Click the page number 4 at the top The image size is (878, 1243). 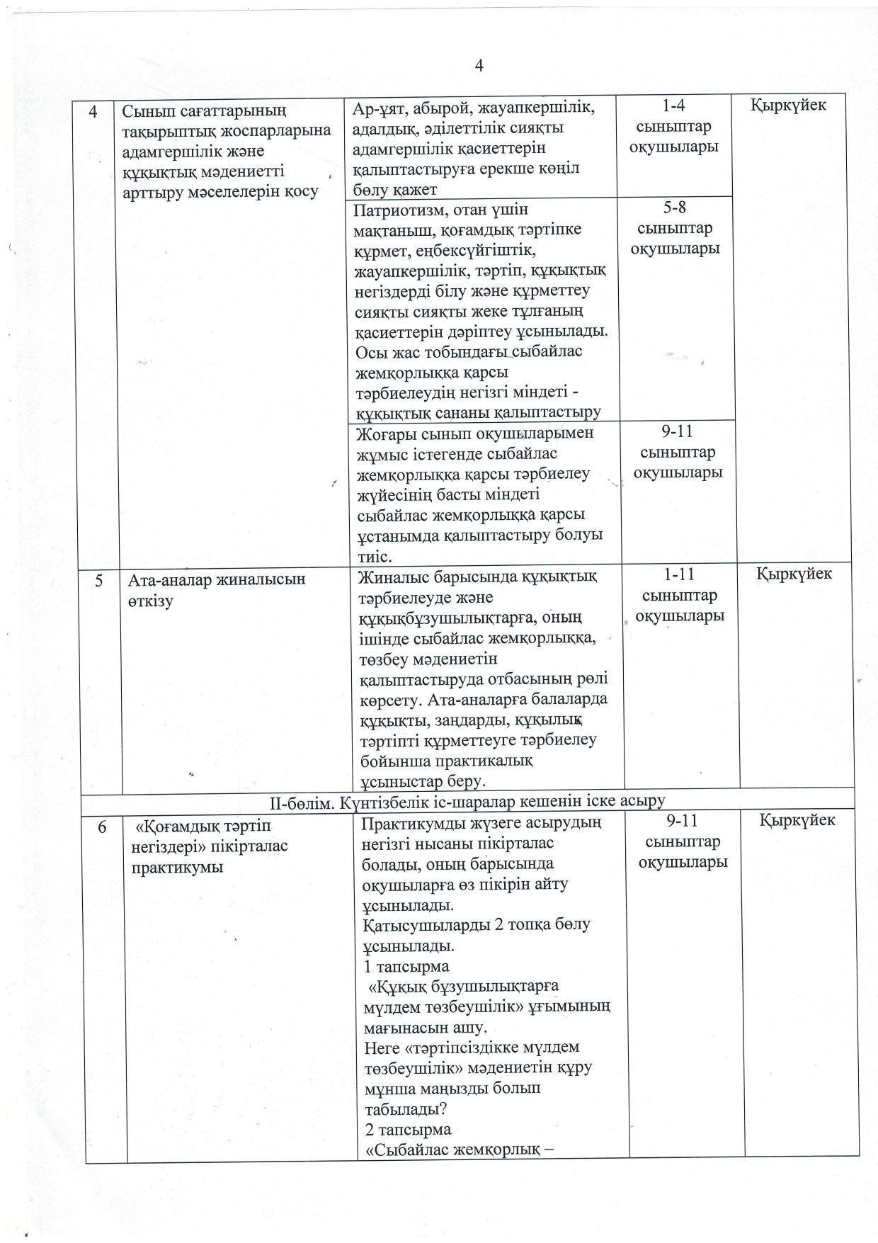point(479,66)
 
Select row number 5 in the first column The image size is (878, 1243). point(98,580)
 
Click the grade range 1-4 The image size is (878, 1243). point(675,106)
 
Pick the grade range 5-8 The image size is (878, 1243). point(675,208)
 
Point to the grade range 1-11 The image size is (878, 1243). point(679,575)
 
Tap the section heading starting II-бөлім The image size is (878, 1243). point(467,801)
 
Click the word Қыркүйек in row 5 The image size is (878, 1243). point(794,574)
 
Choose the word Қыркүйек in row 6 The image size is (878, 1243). point(797,820)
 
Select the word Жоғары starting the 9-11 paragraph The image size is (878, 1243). point(387,433)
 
